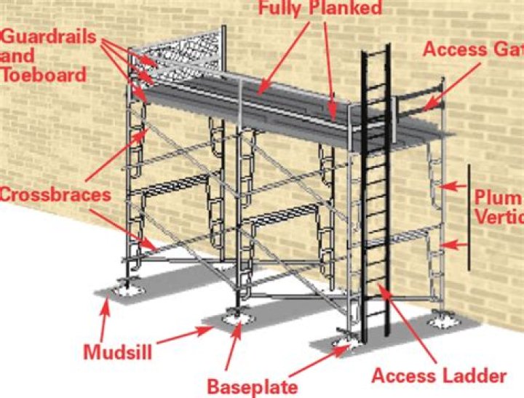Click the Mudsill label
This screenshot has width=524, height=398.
pos(117,352)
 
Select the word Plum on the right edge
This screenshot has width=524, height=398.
pos(499,198)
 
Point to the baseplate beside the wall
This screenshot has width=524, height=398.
pos(440,319)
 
